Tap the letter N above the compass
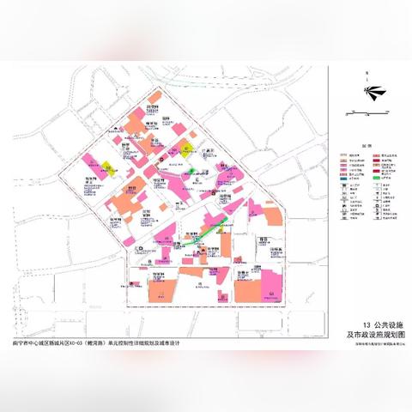367,74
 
